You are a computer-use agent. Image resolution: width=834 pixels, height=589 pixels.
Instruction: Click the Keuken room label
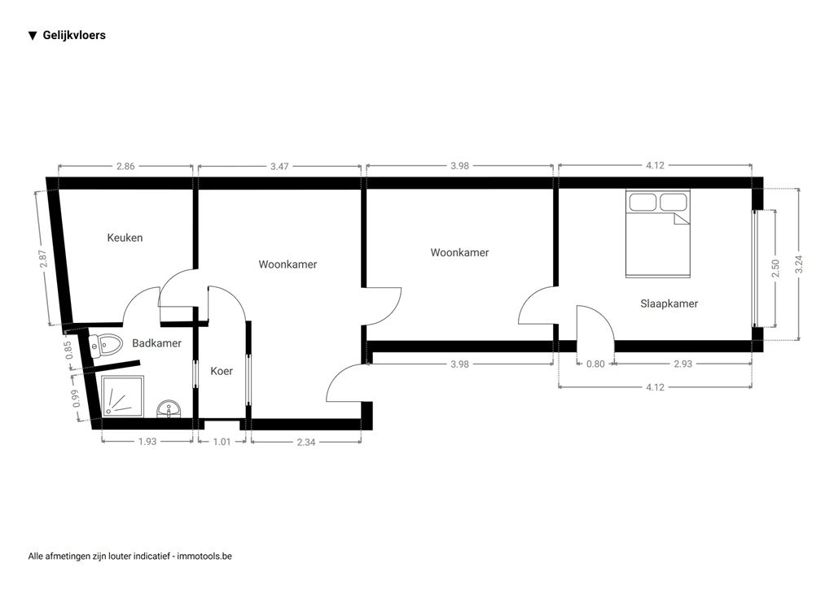(125, 238)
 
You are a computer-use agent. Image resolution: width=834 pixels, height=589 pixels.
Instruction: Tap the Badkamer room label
(156, 343)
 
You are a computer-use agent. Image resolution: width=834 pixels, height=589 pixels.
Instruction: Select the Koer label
(222, 371)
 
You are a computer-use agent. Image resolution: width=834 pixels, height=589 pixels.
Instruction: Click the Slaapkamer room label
(669, 303)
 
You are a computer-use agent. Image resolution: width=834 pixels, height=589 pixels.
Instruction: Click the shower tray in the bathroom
(122, 397)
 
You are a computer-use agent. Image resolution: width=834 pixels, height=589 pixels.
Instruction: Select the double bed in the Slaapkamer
(657, 233)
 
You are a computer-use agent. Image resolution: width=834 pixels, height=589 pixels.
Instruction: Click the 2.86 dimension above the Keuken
(125, 166)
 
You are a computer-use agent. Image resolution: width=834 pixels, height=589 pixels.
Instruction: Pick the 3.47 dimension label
(279, 166)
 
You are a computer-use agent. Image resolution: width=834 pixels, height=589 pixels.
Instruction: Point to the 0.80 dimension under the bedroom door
(595, 364)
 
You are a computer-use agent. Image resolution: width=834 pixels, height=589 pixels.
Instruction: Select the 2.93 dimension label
(682, 364)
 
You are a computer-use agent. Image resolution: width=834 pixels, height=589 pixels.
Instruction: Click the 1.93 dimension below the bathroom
(147, 442)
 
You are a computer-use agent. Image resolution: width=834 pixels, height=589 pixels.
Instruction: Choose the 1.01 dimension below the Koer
(222, 442)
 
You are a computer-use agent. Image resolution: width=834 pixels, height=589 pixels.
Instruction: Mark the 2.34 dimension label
(305, 442)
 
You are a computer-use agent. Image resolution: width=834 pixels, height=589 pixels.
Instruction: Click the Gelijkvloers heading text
(74, 35)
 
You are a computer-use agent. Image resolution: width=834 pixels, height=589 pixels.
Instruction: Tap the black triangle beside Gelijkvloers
(33, 36)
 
